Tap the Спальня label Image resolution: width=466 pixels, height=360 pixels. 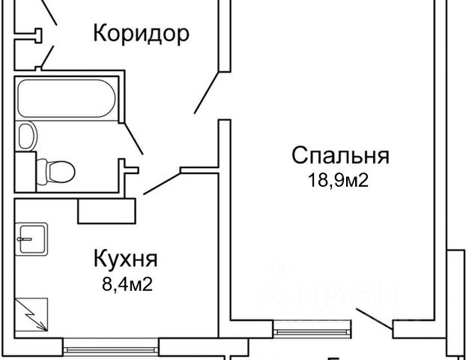tap(340, 156)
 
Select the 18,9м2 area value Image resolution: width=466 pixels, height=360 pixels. tap(340, 180)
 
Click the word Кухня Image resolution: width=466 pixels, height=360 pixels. tap(125, 259)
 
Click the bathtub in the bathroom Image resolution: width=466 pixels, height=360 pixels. tap(66, 100)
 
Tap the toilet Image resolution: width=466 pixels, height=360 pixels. tap(57, 170)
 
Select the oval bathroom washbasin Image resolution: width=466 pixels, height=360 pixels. tap(26, 136)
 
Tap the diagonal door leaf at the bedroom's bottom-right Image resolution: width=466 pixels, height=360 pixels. tap(374, 319)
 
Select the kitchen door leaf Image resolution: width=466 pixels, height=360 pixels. tap(161, 183)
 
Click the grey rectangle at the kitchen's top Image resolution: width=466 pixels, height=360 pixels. tap(106, 210)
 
